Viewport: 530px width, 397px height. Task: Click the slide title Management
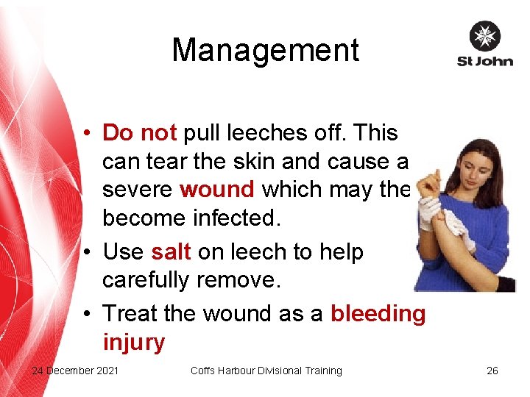pyautogui.click(x=265, y=51)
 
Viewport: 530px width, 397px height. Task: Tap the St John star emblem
pyautogui.click(x=484, y=37)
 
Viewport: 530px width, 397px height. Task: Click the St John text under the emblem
pyautogui.click(x=484, y=61)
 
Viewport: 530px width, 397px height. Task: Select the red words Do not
pyautogui.click(x=139, y=133)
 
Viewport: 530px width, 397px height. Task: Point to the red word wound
pyautogui.click(x=217, y=189)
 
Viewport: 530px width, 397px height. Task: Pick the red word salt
pyautogui.click(x=171, y=251)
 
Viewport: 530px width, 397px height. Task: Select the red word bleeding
pyautogui.click(x=378, y=314)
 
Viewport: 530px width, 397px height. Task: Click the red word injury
pyautogui.click(x=133, y=342)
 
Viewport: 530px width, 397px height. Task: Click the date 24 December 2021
pyautogui.click(x=75, y=371)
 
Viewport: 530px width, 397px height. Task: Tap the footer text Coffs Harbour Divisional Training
pyautogui.click(x=266, y=371)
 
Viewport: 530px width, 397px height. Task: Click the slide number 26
pyautogui.click(x=492, y=371)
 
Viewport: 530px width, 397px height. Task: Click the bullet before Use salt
pyautogui.click(x=87, y=251)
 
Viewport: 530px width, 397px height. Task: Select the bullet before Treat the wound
pyautogui.click(x=87, y=314)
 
